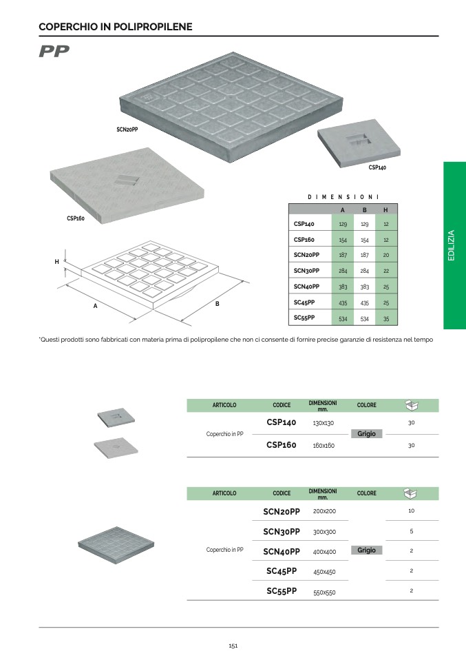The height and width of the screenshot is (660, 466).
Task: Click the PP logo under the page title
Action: (x=54, y=52)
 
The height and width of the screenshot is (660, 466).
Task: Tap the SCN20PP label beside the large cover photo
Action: (x=127, y=130)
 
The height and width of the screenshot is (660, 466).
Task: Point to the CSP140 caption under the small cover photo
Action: (x=377, y=167)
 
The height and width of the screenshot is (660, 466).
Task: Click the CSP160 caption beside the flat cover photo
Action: (x=75, y=218)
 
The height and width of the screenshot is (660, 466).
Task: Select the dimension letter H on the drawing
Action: (x=56, y=262)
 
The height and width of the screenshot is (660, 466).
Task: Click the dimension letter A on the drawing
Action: (x=96, y=305)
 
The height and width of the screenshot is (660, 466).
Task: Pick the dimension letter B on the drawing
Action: (x=217, y=304)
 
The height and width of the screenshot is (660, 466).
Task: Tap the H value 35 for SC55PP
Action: (x=386, y=319)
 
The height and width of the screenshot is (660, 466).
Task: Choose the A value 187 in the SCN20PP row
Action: (x=343, y=255)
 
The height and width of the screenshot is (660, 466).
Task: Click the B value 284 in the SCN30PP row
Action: (x=365, y=271)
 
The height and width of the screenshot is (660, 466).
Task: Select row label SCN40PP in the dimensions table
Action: (x=306, y=287)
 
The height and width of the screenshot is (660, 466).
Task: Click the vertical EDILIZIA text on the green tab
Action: (x=452, y=245)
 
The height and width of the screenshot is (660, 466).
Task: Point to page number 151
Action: (x=233, y=646)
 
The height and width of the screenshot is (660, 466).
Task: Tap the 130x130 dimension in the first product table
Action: (x=324, y=423)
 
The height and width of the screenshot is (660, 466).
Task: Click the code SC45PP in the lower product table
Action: (x=282, y=571)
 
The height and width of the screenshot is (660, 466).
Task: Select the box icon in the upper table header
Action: (x=411, y=404)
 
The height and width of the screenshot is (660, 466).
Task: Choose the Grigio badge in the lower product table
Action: (x=367, y=550)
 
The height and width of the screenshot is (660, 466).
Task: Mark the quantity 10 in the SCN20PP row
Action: (x=411, y=511)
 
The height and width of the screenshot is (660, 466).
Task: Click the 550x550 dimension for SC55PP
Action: (x=324, y=592)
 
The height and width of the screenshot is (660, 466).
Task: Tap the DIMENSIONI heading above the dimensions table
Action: (x=343, y=197)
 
